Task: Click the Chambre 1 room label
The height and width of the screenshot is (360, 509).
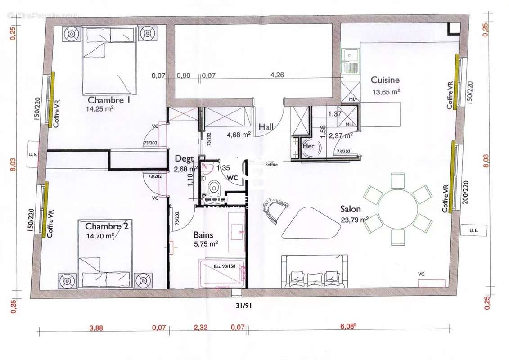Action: pos(108,100)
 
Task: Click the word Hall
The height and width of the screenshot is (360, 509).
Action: pos(266,127)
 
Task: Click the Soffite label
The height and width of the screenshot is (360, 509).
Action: pos(272,164)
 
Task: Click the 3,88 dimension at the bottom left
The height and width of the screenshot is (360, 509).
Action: pos(96,328)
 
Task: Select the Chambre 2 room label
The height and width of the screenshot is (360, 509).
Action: pos(107,226)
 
